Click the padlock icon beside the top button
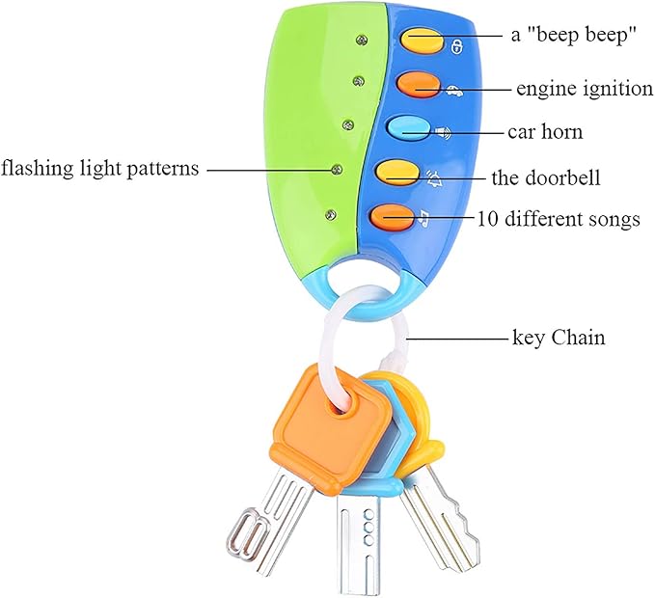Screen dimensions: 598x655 [x=456, y=46]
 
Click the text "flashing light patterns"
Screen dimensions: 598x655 [x=99, y=170]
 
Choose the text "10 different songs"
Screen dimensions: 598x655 [x=559, y=220]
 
